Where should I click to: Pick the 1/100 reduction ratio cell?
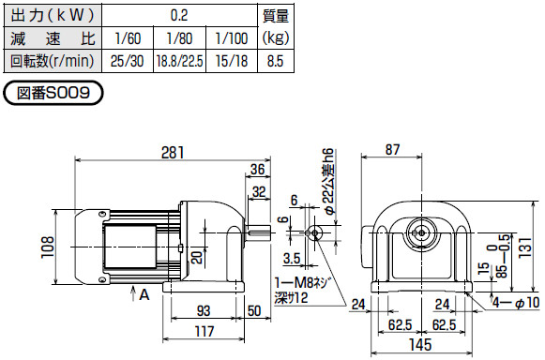231,39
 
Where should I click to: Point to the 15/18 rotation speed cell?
231,62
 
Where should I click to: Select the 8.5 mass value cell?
276,62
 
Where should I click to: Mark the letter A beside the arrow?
144,294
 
